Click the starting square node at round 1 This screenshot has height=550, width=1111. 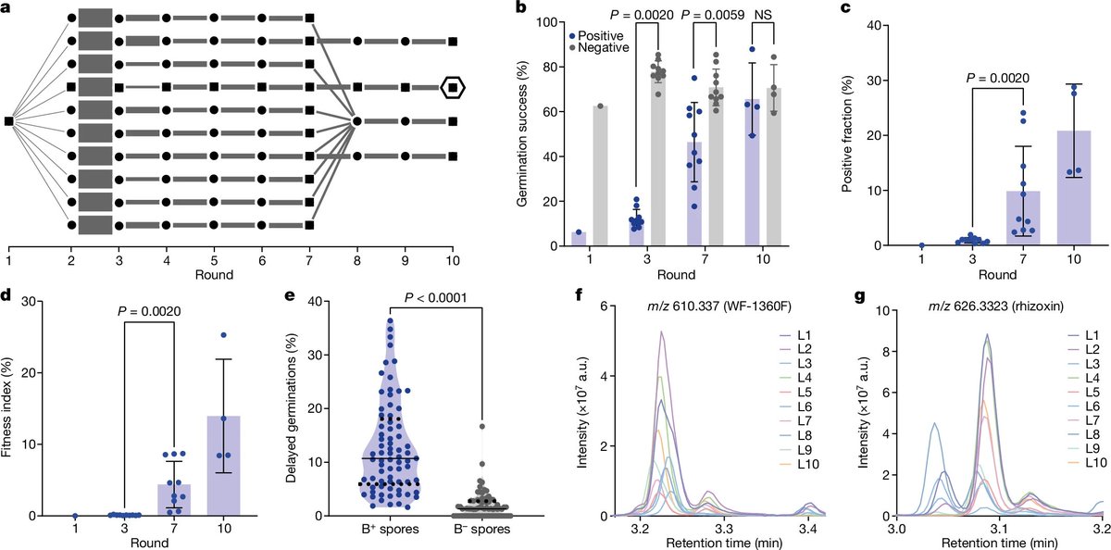[8, 121]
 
